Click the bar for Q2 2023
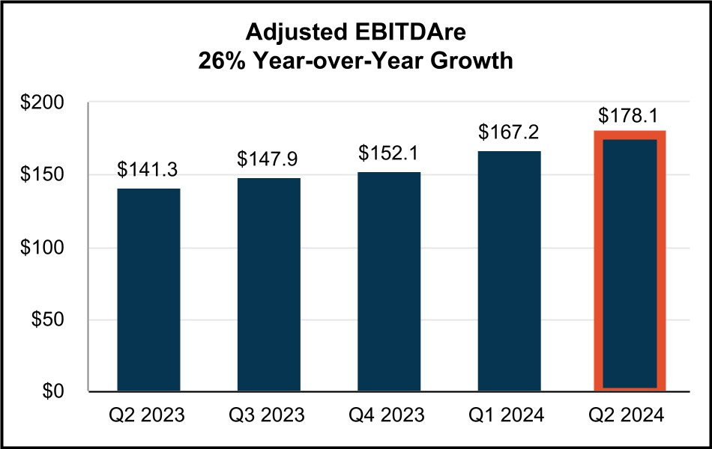(148, 290)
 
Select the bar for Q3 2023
(269, 284)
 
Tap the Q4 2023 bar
(389, 281)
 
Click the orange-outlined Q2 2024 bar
(630, 262)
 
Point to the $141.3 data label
(148, 170)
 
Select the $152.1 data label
(389, 153)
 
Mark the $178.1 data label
(630, 116)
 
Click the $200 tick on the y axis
(43, 103)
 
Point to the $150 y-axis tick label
(43, 175)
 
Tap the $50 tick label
(49, 320)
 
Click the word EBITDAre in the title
(415, 32)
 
